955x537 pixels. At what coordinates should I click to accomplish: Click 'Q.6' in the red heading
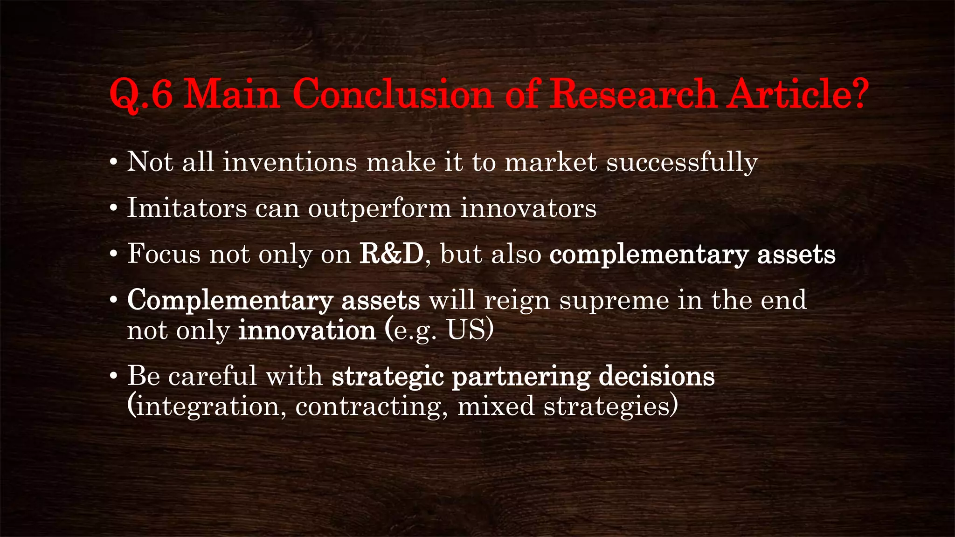[141, 95]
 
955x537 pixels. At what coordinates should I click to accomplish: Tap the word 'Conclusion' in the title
[393, 95]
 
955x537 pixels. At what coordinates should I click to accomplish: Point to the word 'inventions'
[290, 163]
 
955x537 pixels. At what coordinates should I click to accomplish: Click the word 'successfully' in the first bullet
[682, 163]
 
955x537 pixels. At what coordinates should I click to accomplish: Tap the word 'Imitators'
[187, 208]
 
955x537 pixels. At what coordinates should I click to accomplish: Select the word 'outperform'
[380, 209]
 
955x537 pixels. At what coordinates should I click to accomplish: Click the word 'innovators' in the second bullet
[528, 208]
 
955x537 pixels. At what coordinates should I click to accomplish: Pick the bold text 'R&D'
[391, 254]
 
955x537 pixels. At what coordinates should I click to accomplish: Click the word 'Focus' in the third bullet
[164, 254]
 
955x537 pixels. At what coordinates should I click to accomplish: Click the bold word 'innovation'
[307, 330]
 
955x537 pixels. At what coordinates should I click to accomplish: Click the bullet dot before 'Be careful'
[113, 376]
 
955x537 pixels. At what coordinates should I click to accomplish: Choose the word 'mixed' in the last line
[496, 406]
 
